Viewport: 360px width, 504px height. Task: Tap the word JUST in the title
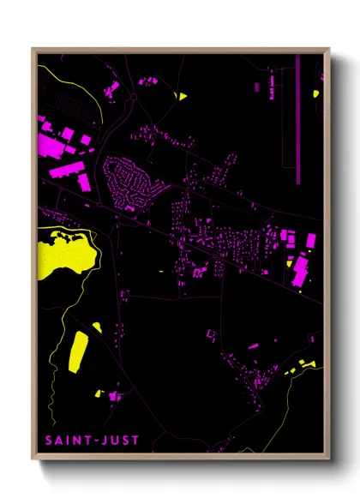pos(120,441)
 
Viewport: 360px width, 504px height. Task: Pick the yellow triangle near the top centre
pos(180,95)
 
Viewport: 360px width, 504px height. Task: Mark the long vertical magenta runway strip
pos(298,120)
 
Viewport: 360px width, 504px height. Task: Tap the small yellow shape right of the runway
pos(316,93)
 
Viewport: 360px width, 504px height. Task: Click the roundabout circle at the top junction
pos(133,99)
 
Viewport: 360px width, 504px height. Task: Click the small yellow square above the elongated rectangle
pos(97,327)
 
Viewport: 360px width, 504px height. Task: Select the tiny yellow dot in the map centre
pos(161,272)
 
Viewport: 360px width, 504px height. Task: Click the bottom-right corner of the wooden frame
pos(329,462)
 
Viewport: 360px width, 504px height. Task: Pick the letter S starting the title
pos(48,441)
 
